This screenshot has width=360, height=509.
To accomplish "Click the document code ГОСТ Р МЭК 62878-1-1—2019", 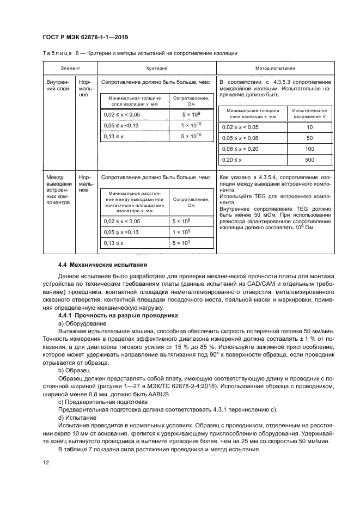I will pyautogui.click(x=78, y=37).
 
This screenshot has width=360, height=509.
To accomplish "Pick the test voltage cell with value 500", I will pyautogui.click(x=309, y=160).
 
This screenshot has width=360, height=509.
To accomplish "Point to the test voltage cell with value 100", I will pyautogui.click(x=309, y=149).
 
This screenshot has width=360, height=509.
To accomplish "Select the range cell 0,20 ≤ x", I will pyautogui.click(x=235, y=160).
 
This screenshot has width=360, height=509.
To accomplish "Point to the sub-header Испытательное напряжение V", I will pyautogui.click(x=309, y=113).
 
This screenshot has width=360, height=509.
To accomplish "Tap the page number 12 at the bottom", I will pyautogui.click(x=46, y=463).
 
